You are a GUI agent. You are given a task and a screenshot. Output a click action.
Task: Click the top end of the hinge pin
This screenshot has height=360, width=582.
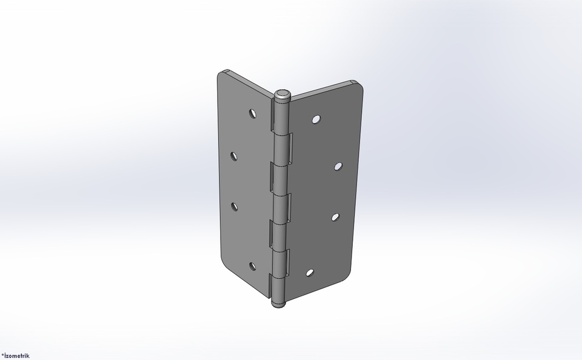283,95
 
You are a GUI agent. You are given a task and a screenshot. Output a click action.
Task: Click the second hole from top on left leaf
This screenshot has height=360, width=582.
234,156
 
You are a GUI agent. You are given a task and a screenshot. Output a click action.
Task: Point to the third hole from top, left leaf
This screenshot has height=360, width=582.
234,206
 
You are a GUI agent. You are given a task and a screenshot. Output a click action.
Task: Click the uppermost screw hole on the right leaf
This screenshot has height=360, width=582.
316,119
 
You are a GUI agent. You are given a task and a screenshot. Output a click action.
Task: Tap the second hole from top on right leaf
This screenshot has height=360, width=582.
338,165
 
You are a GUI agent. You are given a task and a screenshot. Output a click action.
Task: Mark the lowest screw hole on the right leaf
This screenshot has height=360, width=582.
310,273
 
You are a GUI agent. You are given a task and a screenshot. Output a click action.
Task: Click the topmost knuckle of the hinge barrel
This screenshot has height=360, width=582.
281,118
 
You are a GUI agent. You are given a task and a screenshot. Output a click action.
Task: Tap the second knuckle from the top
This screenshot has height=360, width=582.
281,148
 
